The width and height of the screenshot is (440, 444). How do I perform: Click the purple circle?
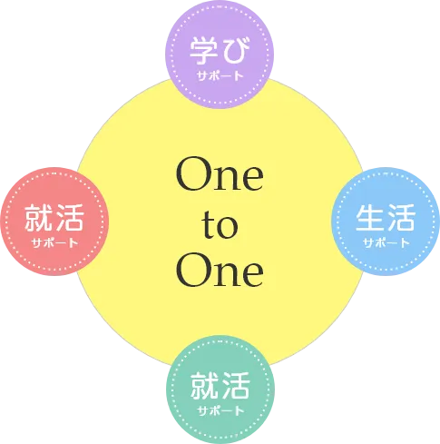220,54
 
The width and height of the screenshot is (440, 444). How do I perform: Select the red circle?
54,222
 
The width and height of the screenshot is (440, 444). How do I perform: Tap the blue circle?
386,222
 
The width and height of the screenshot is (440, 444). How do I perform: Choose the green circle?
220,390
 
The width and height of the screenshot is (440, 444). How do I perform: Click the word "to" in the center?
220,224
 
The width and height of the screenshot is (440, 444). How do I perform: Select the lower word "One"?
220,270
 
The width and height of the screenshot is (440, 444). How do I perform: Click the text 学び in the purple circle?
220,51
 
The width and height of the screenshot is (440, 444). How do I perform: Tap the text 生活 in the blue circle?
386,218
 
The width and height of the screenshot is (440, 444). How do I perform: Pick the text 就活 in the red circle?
54,218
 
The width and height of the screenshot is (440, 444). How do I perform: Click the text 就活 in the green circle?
220,385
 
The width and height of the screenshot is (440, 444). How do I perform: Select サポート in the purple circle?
220,75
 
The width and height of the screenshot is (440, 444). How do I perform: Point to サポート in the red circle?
54,242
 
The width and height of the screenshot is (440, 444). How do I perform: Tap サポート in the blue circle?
386,242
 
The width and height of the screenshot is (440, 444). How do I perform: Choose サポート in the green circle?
220,410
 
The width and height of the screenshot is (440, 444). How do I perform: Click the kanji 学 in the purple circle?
204,51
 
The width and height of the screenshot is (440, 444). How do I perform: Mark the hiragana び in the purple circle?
236,51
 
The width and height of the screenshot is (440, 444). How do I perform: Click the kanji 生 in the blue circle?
369,218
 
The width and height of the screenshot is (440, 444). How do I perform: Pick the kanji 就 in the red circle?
38,218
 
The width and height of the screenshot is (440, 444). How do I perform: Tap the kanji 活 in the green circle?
236,385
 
